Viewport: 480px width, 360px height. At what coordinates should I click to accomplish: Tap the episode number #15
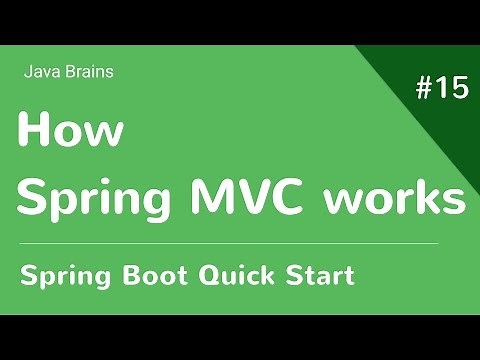click(x=440, y=88)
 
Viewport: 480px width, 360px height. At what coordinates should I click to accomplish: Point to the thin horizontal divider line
click(x=230, y=243)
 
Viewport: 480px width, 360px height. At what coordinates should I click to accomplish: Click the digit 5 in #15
click(x=458, y=88)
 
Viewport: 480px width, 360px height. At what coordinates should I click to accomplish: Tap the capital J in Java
click(x=27, y=71)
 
